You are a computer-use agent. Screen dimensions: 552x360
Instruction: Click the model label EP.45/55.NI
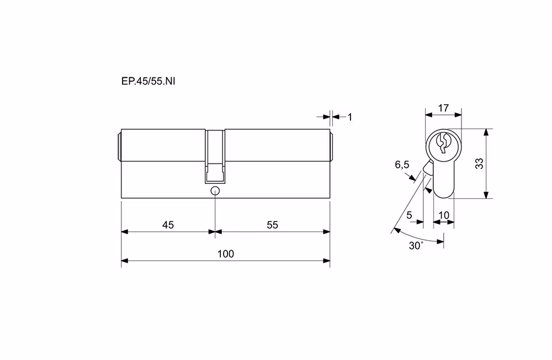(148, 81)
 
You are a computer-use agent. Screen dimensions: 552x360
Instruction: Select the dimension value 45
(168, 225)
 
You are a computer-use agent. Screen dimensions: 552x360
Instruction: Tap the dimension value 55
(273, 225)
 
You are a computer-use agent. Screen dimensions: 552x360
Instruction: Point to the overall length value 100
(226, 253)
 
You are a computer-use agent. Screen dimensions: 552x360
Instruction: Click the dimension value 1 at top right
(349, 117)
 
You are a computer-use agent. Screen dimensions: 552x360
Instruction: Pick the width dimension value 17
(444, 108)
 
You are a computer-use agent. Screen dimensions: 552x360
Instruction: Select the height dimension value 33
(479, 163)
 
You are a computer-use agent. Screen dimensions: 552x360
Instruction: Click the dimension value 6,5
(402, 165)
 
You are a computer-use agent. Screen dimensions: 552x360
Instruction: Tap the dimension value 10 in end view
(444, 215)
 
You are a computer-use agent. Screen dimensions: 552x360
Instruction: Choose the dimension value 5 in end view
(409, 215)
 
